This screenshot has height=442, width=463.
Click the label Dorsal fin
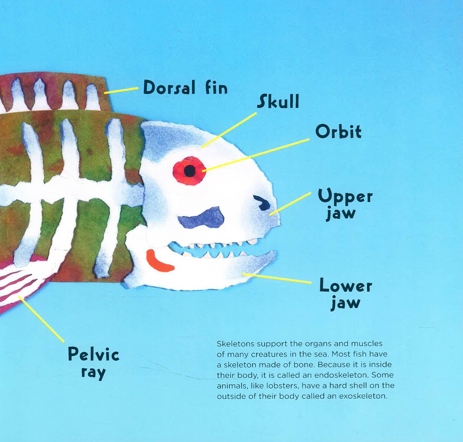point(185,88)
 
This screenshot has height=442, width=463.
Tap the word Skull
point(278,101)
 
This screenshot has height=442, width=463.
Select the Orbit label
point(338,132)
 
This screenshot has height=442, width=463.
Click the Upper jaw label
point(345,204)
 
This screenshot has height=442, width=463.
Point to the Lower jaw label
point(345,293)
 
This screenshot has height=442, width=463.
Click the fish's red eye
point(189,171)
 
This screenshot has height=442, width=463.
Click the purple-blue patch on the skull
point(202,218)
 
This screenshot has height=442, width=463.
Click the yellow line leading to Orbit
point(256,155)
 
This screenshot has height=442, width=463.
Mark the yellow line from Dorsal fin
point(121,90)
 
